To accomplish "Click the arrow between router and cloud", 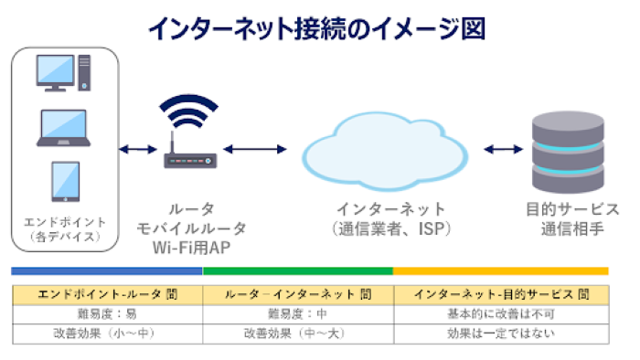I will click(255, 149).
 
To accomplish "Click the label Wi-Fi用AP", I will click(190, 247).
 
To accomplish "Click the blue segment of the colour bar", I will click(106, 271).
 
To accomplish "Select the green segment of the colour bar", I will click(297, 271).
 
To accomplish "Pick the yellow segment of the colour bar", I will click(500, 271).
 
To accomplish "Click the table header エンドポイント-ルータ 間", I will click(106, 294).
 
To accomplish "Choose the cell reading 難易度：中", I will click(298, 313).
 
